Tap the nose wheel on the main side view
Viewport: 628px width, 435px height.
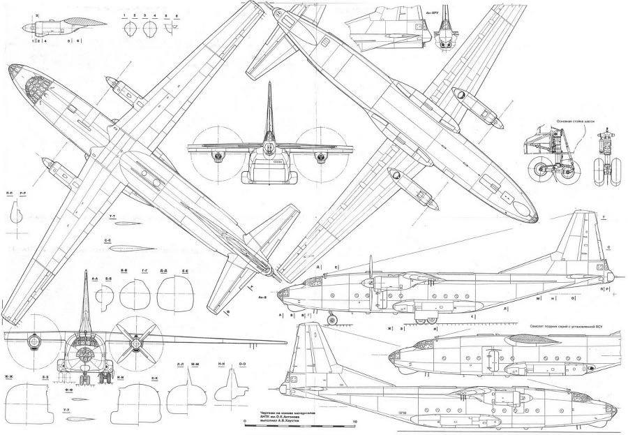click(330, 322)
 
